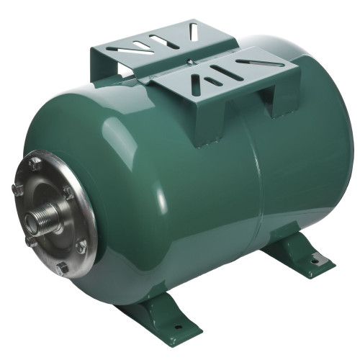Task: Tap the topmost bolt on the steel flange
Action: point(35,163)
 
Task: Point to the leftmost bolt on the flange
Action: point(18,190)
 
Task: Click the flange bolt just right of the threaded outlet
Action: point(68,193)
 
